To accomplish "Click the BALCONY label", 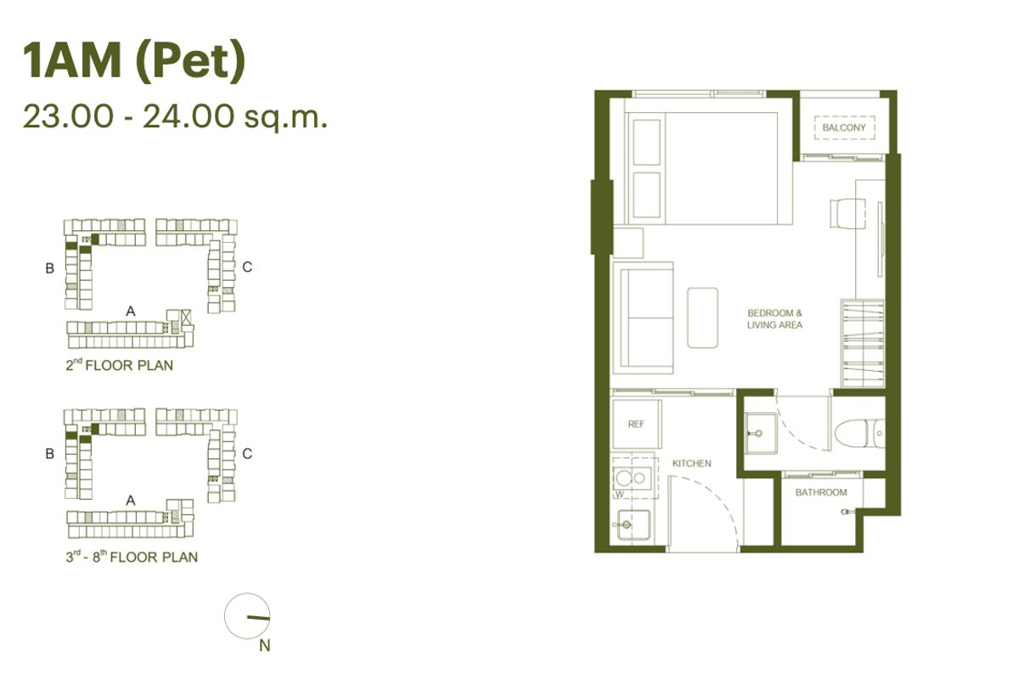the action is [x=844, y=128].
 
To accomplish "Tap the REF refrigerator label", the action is [x=636, y=424].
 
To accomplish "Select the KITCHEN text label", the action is [x=691, y=463].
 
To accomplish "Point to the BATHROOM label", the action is [x=821, y=492].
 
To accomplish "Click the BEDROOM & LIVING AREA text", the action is [x=774, y=319].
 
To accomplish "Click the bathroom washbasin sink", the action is [x=761, y=433].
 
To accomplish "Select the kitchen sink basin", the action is [x=633, y=525].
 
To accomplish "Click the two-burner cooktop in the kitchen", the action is [x=632, y=478].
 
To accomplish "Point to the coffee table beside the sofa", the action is [x=702, y=317].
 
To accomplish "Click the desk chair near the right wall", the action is [x=848, y=213].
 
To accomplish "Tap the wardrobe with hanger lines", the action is [x=863, y=343].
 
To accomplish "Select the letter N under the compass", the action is [x=265, y=645].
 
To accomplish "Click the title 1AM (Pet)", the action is [x=134, y=61].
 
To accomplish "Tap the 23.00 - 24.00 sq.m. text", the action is [x=175, y=116].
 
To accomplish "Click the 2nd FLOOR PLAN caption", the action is [x=119, y=365].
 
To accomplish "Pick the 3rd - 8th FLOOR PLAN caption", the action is [x=132, y=557].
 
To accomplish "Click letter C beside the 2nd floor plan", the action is [x=247, y=267].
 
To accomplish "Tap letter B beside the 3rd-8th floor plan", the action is [x=50, y=454].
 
